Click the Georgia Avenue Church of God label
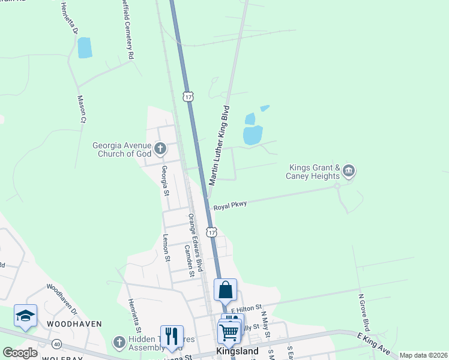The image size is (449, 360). click(121, 149)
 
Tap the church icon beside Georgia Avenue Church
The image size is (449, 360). click(160, 148)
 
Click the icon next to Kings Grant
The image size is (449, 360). click(349, 172)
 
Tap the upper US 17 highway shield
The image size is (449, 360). click(188, 96)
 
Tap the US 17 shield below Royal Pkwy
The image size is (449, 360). click(211, 231)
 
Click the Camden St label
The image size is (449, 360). click(189, 260)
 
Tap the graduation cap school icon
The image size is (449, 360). click(26, 316)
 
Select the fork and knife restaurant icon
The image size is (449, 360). click(172, 337)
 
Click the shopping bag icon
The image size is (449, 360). click(225, 290)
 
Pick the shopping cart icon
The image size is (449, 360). click(229, 332)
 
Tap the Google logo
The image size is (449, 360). click(20, 353)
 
